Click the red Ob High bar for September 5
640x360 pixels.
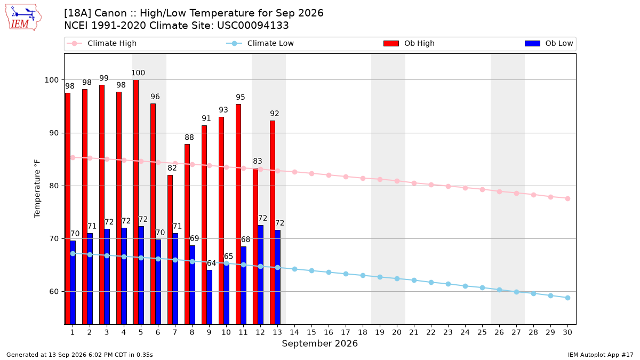(x=136, y=202)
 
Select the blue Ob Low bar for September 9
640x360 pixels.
(x=210, y=297)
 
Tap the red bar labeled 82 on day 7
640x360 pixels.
(x=170, y=250)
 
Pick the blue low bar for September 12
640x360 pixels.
(x=261, y=275)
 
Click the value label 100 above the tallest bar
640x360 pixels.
(x=138, y=73)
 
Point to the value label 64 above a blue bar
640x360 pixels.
(x=211, y=263)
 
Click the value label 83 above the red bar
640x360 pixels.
(x=258, y=161)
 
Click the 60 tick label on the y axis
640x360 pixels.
(x=53, y=292)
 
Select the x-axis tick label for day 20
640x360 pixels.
(x=397, y=332)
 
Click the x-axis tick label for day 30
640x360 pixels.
(x=567, y=332)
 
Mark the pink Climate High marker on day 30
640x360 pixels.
(x=567, y=198)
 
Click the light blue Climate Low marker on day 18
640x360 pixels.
(x=363, y=275)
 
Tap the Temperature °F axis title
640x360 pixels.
(x=37, y=189)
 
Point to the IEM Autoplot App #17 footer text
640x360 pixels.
(x=601, y=355)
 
